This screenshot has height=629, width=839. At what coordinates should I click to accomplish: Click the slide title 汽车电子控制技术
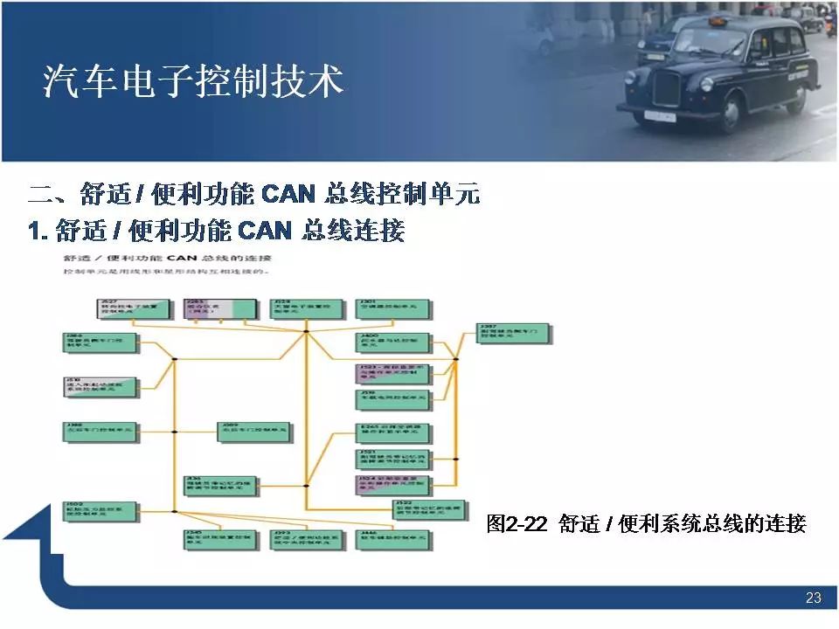[193, 82]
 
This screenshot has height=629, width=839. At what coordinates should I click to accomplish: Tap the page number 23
[813, 598]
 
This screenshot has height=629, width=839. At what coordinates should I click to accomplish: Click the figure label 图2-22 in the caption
[517, 524]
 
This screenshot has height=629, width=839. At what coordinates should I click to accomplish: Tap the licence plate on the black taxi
[660, 115]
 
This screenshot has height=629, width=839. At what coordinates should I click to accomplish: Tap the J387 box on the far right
[514, 332]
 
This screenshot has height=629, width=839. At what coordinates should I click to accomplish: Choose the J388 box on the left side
[101, 430]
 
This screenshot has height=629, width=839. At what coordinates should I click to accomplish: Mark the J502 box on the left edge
[101, 511]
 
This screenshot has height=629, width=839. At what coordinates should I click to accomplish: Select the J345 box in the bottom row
[220, 539]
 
